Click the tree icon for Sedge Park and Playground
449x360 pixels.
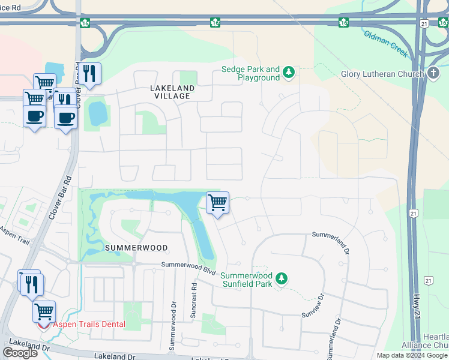coord(289,73)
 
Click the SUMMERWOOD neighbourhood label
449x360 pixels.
coord(136,248)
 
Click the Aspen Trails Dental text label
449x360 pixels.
coord(89,325)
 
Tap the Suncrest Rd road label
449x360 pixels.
coord(193,295)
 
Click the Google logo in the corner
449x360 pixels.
coord(20,353)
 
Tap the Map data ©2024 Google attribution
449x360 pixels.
coord(412,355)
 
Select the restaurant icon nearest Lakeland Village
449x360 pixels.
coord(89,74)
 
